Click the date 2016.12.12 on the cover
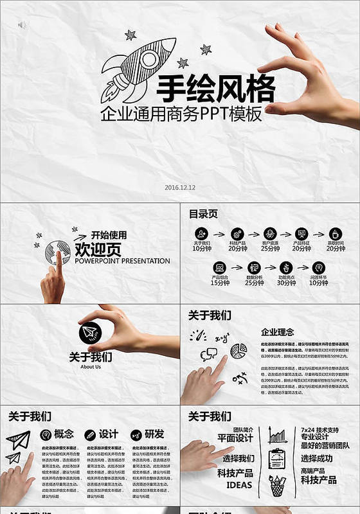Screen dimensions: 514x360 (180, 188)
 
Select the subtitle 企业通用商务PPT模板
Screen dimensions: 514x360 (181, 114)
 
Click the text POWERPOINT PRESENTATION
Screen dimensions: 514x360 (122, 261)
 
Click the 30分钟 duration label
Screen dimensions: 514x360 (287, 283)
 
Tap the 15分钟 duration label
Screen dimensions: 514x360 (220, 283)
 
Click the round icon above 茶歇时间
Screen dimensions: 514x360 (335, 233)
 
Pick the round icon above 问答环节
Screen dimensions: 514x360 (318, 267)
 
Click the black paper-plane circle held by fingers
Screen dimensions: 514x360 (91, 333)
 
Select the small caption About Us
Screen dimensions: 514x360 (91, 367)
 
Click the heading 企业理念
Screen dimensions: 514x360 (278, 332)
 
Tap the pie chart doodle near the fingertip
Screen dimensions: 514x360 (239, 350)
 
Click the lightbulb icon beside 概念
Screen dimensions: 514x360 (46, 434)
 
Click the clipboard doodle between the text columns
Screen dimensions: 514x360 (277, 458)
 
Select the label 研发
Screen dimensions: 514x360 (154, 434)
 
